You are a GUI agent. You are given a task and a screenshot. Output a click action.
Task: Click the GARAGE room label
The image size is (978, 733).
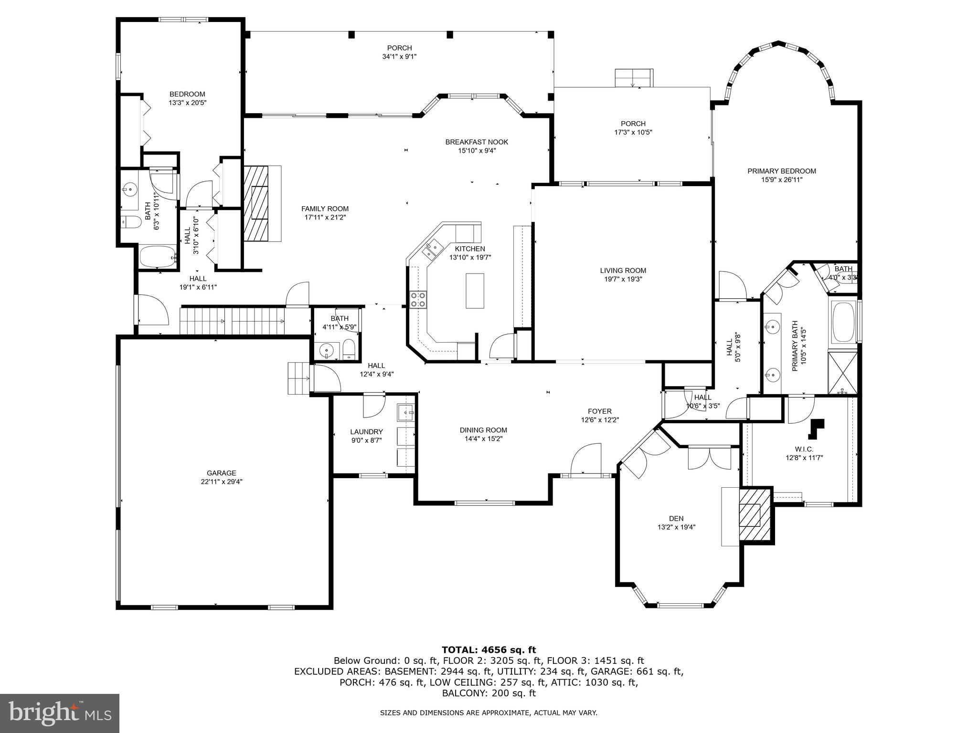pyautogui.click(x=221, y=473)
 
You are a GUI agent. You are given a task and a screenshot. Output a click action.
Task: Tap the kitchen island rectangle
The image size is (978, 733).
pyautogui.click(x=475, y=291)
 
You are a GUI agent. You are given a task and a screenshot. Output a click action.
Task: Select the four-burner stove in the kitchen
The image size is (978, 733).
pyautogui.click(x=419, y=300)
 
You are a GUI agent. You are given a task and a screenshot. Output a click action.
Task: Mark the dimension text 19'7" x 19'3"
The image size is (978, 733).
pyautogui.click(x=623, y=279)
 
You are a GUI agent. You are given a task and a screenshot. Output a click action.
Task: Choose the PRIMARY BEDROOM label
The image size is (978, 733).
pyautogui.click(x=781, y=171)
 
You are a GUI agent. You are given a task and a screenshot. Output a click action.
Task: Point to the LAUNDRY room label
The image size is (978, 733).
pyautogui.click(x=366, y=431)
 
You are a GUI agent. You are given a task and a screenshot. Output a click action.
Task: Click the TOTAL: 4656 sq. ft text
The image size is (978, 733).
pyautogui.click(x=489, y=649)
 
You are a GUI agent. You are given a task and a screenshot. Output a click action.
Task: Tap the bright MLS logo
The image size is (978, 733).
pyautogui.click(x=59, y=713)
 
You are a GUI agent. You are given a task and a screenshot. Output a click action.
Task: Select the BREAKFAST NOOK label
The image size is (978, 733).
pyautogui.click(x=476, y=142)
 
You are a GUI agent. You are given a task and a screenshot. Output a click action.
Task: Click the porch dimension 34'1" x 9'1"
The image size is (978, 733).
pyautogui.click(x=399, y=56)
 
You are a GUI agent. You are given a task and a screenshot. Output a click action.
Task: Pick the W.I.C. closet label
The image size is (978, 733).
pyautogui.click(x=804, y=449)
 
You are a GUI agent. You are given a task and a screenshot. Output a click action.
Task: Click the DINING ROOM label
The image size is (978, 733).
pyautogui.click(x=483, y=430)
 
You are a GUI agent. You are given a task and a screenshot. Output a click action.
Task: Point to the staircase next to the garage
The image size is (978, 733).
pyautogui.click(x=232, y=322)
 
